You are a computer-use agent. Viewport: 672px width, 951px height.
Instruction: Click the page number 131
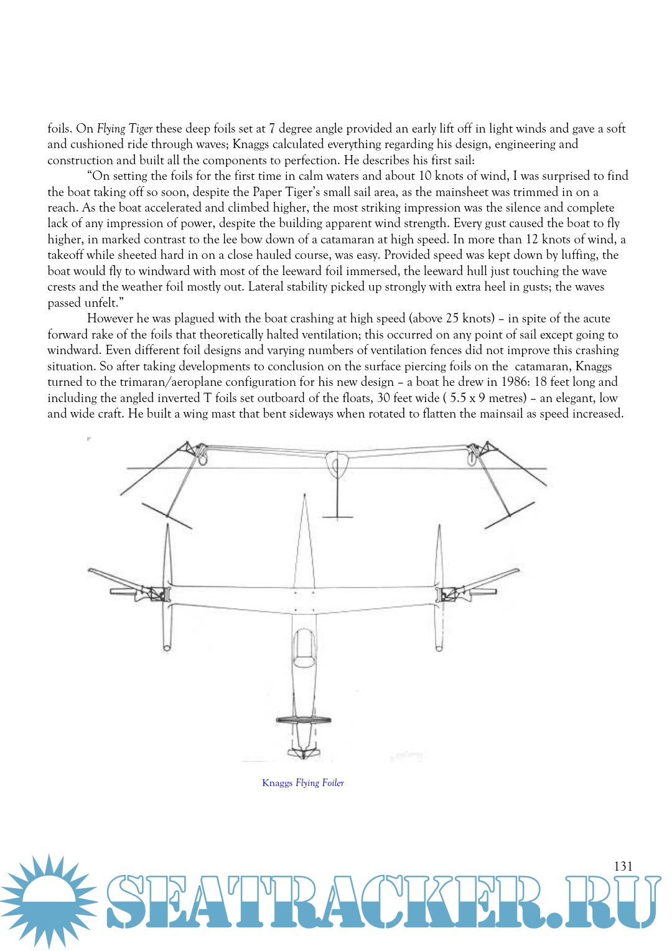click(x=623, y=866)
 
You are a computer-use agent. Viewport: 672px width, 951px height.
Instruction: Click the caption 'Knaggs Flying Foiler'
click(x=303, y=783)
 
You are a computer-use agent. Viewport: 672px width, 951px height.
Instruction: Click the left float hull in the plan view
click(x=167, y=585)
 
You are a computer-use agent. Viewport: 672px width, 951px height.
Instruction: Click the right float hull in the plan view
click(x=439, y=585)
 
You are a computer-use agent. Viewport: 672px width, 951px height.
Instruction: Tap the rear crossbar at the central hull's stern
click(x=303, y=720)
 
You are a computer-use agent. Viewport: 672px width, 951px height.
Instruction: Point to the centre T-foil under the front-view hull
click(x=337, y=516)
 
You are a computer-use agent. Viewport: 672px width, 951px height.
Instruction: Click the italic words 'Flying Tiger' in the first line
click(x=124, y=129)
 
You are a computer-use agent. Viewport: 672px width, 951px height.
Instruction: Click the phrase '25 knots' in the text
click(x=470, y=319)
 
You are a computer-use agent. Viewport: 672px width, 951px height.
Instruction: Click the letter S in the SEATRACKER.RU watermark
click(x=128, y=902)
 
